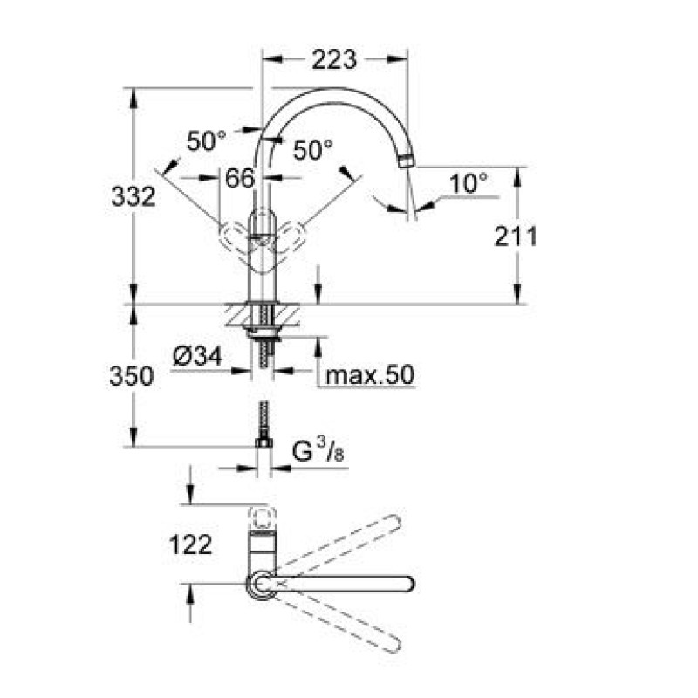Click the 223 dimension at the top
(334, 59)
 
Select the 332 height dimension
(133, 196)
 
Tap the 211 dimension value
(516, 236)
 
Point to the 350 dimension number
(132, 376)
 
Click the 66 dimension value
(240, 178)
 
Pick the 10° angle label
(469, 183)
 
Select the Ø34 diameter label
(198, 357)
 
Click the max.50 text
(370, 375)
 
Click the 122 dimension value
(191, 544)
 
